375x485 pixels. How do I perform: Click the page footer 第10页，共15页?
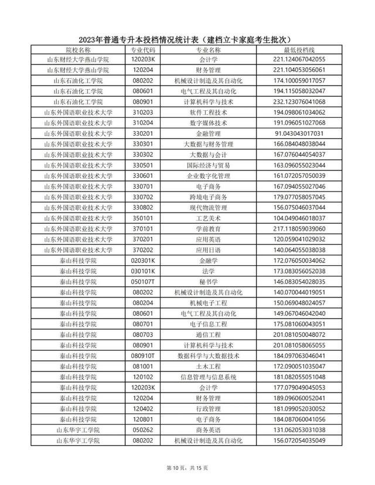point(187,467)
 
